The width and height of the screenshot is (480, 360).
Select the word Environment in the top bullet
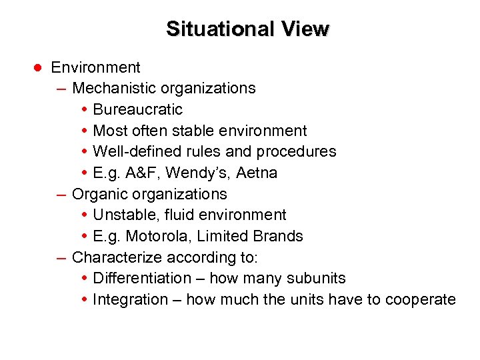(x=95, y=67)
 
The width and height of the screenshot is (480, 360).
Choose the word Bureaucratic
(x=137, y=109)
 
